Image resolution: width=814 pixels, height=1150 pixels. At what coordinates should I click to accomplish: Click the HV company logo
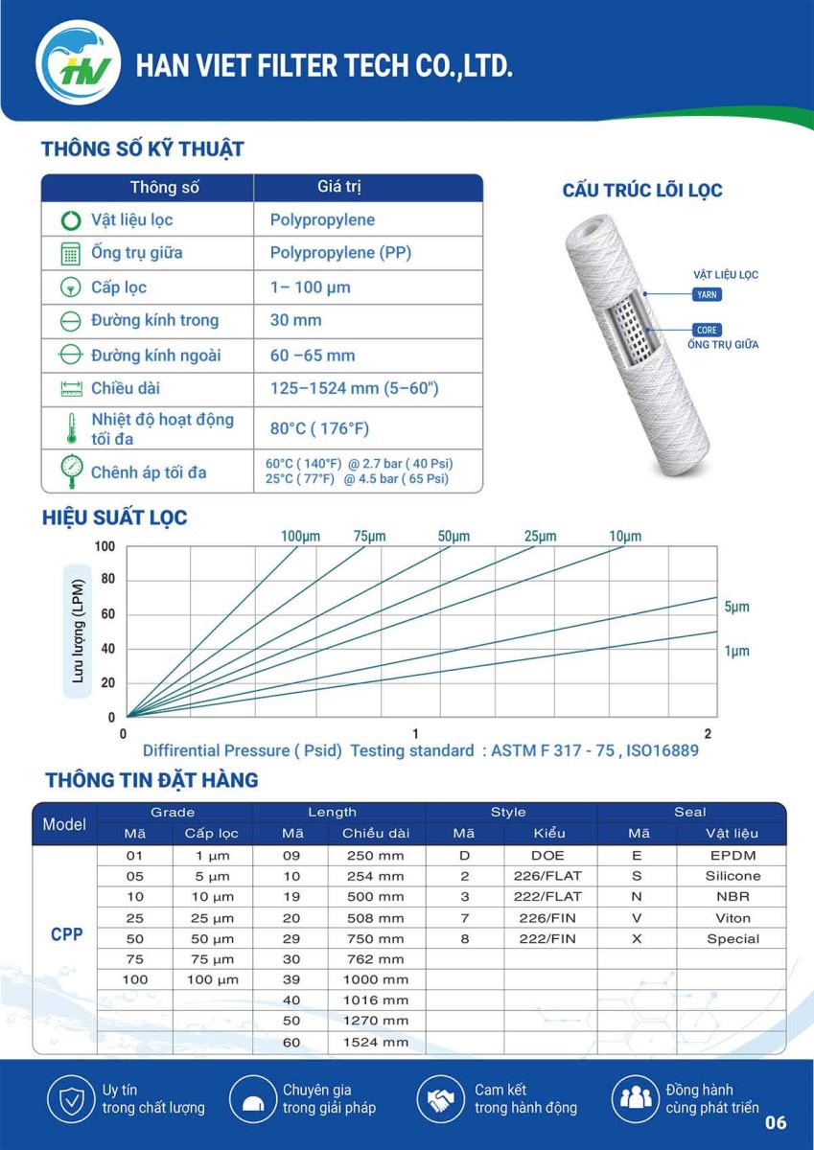coord(78,62)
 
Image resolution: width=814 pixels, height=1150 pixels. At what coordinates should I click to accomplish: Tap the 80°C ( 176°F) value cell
coord(319,428)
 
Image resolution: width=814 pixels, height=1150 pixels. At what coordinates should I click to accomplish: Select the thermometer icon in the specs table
coord(71,428)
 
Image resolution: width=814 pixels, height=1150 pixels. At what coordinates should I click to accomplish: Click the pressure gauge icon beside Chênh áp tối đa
coord(71,471)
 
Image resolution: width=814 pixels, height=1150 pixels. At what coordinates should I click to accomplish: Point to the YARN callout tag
coord(707,295)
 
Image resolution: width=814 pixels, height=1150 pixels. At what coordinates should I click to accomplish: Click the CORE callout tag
coord(707,330)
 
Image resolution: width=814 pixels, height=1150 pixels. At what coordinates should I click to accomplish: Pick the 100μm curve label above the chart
coord(300,537)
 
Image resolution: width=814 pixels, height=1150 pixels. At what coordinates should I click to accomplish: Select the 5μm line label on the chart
coord(736,607)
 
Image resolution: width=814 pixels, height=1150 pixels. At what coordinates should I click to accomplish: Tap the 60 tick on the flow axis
coord(107,614)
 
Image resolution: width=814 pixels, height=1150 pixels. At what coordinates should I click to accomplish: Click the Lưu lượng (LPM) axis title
coord(78,632)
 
